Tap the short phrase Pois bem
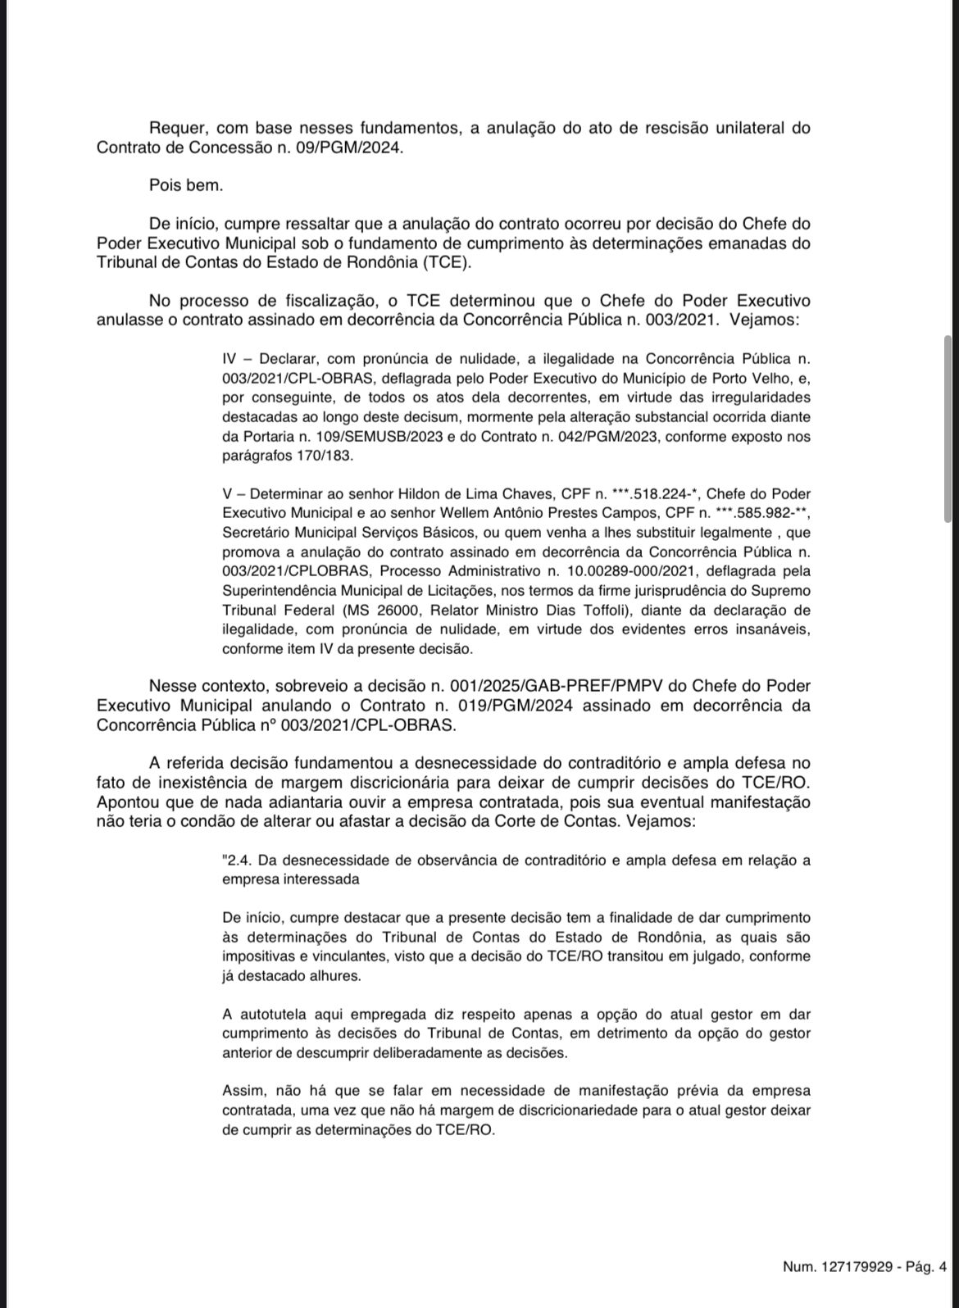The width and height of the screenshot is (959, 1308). pos(186,185)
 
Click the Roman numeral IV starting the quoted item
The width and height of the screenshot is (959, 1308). pos(229,359)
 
